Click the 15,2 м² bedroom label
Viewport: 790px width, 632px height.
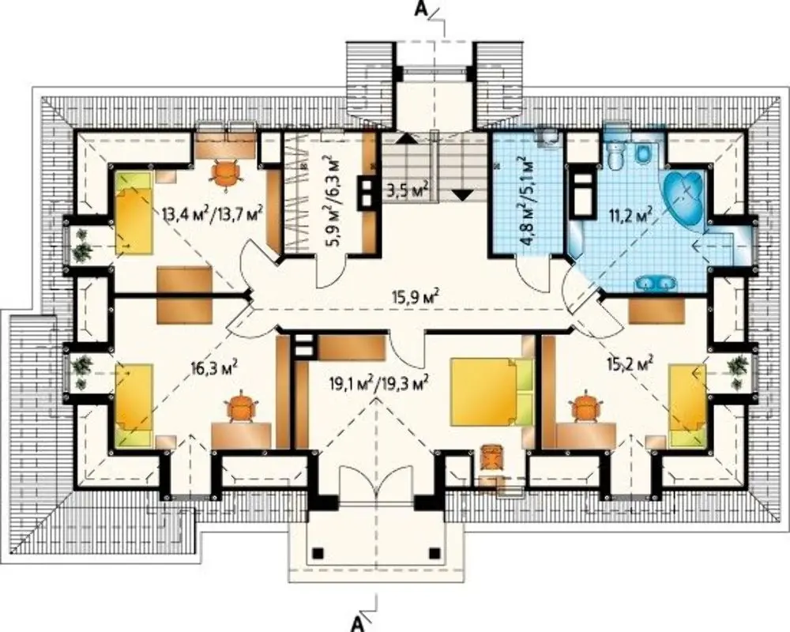tap(630, 363)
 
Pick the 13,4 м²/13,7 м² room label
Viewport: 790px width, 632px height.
tap(213, 215)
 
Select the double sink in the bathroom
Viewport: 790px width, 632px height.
tap(654, 284)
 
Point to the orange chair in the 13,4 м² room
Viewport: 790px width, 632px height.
tap(225, 173)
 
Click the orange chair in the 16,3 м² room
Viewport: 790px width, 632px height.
tap(243, 406)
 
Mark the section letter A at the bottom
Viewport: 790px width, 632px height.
tap(357, 623)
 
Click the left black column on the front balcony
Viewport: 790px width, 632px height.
tap(318, 553)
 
